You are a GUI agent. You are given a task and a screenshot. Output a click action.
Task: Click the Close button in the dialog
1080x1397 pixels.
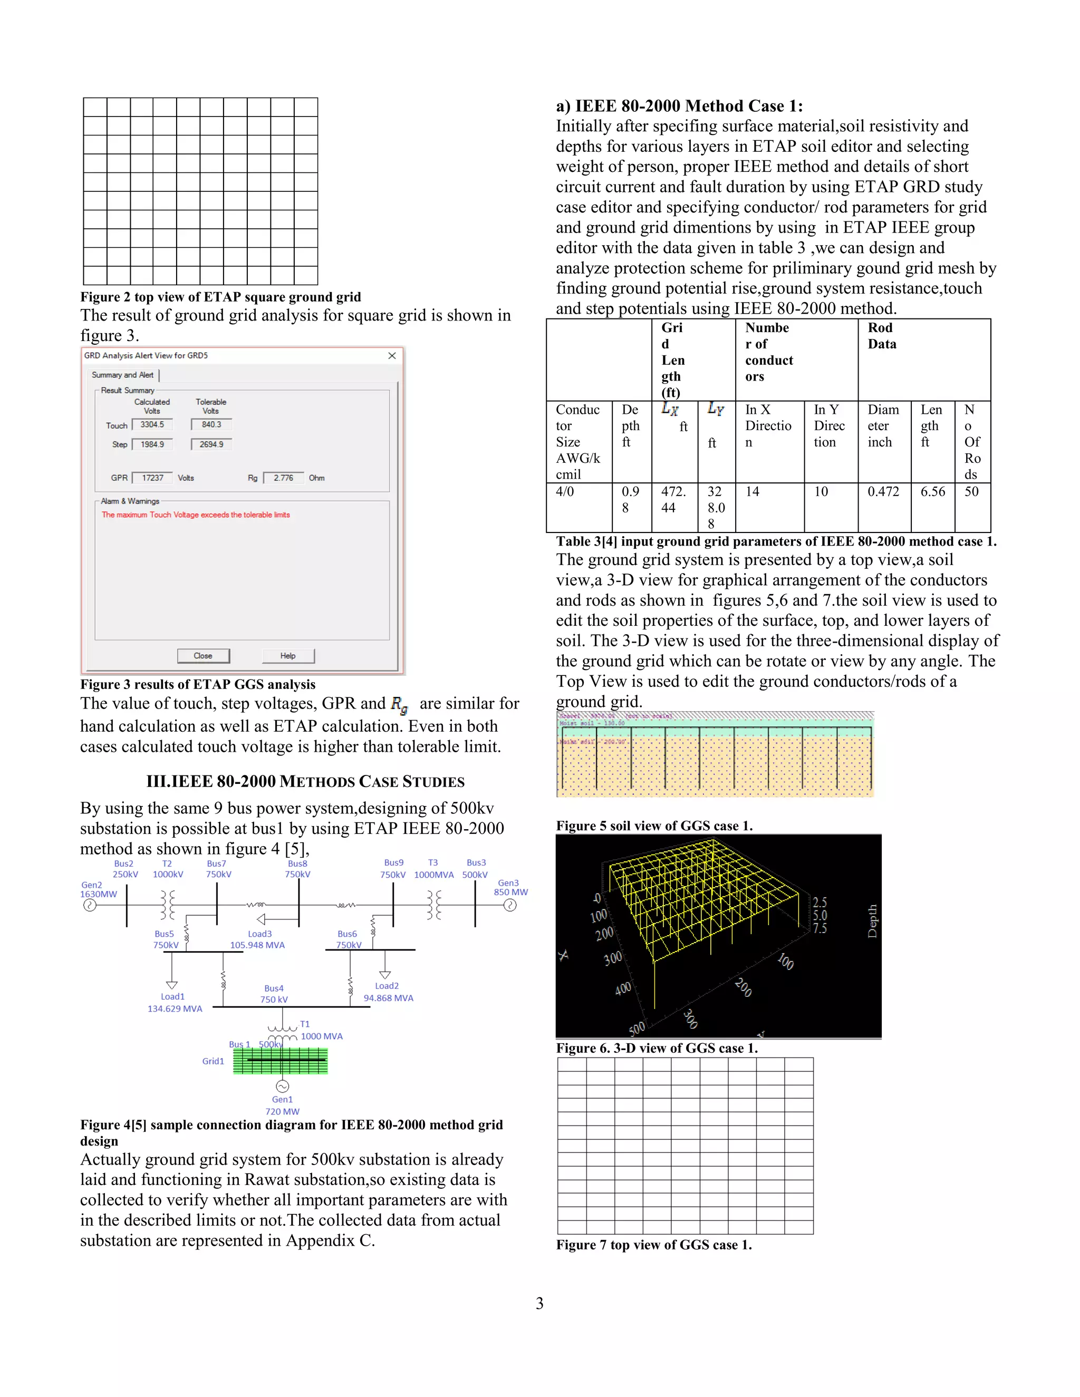coord(203,656)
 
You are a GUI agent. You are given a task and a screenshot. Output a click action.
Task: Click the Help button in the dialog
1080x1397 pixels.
coord(288,656)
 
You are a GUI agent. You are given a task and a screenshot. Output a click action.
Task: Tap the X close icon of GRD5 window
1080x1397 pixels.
coord(392,356)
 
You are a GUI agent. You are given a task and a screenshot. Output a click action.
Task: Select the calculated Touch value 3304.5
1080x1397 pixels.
coord(152,425)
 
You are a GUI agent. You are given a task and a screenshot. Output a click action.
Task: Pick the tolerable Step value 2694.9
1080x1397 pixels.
coord(211,444)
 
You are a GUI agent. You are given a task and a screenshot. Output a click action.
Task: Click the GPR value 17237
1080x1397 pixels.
coord(152,478)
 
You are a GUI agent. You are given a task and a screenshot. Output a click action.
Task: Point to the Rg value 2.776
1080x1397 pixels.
coord(283,478)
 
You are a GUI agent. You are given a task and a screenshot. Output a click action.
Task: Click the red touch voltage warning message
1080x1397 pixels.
coord(195,515)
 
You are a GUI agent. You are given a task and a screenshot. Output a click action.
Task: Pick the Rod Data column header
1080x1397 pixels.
coord(882,336)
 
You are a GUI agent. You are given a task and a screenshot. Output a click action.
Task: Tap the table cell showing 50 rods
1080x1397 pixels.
coord(971,492)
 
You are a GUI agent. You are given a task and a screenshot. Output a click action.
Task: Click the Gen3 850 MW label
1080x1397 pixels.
coord(510,887)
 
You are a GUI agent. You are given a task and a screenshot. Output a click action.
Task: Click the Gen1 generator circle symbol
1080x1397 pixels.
coord(282,1086)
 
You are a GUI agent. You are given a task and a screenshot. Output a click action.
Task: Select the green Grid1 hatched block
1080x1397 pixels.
coord(280,1062)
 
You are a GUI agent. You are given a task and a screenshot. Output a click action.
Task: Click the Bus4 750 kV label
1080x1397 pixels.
coord(274,994)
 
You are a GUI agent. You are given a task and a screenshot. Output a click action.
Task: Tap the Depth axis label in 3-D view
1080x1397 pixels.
coord(872,920)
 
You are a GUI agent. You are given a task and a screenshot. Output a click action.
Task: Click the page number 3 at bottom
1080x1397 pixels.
coord(539,1303)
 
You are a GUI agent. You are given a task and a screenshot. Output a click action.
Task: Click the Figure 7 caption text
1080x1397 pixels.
coord(653,1245)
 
